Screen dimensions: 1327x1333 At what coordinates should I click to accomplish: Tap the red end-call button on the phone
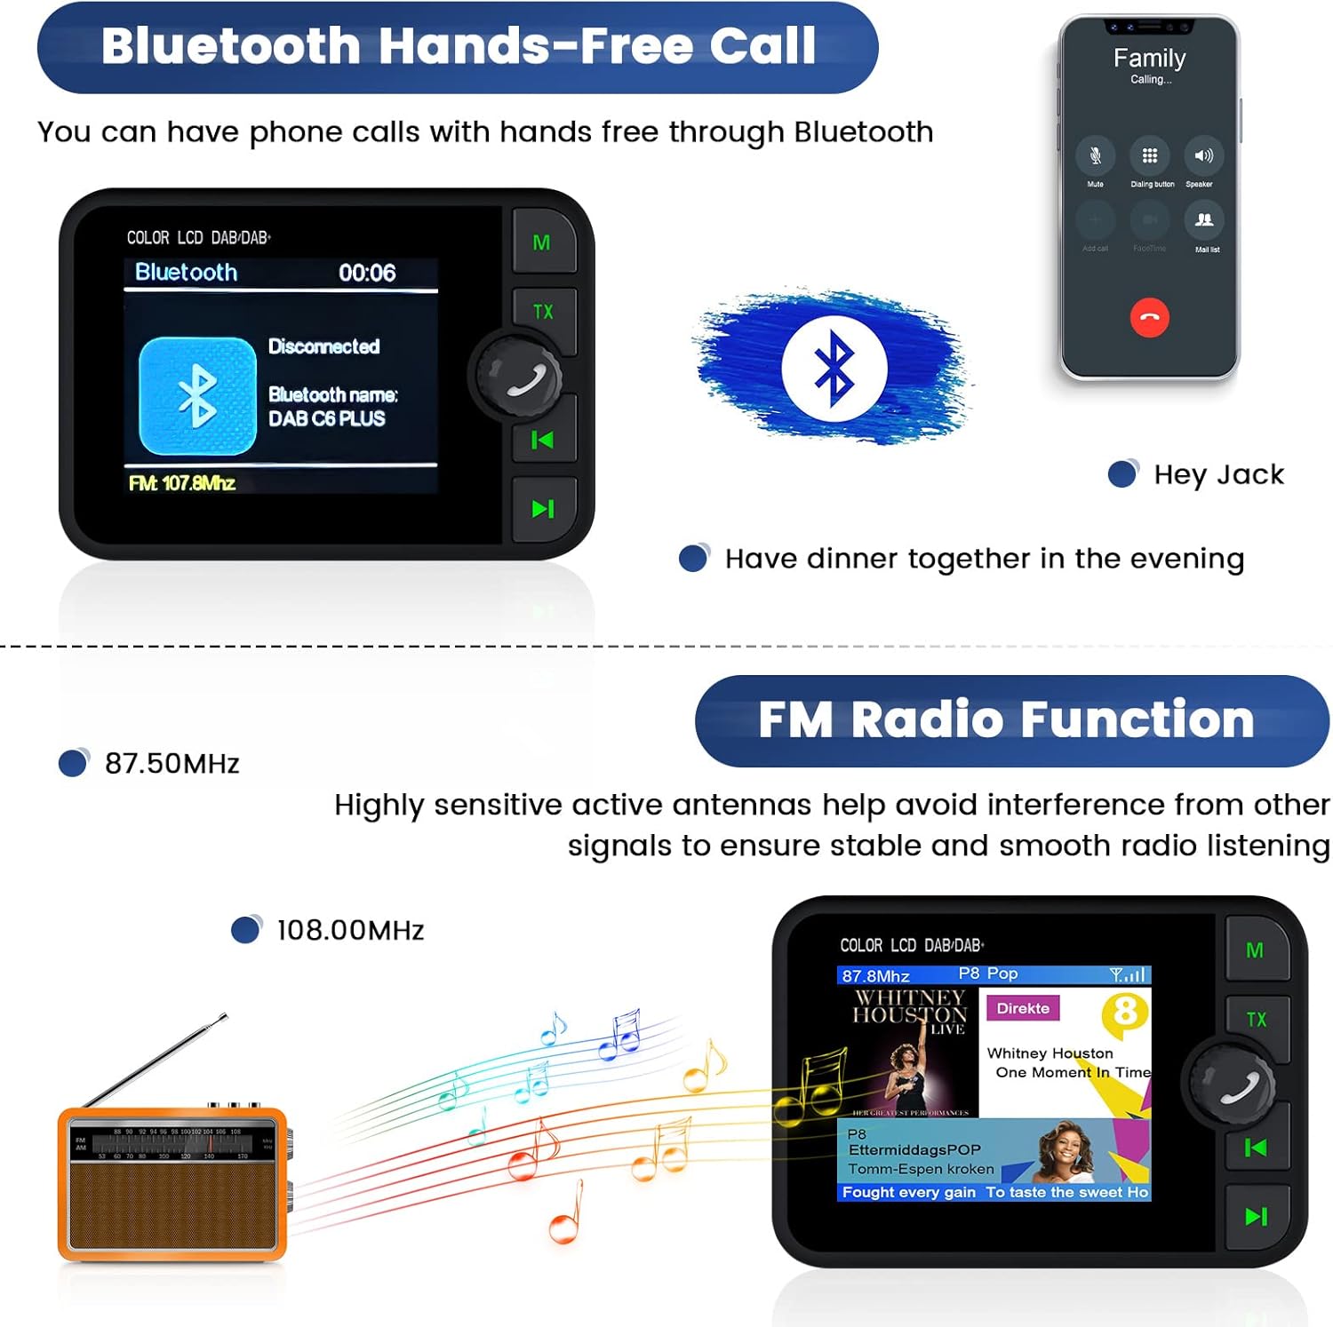point(1149,317)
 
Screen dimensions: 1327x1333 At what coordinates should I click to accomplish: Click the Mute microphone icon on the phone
point(1095,156)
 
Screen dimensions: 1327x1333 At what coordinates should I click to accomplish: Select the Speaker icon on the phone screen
point(1203,156)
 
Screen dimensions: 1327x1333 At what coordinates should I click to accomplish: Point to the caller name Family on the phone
point(1149,59)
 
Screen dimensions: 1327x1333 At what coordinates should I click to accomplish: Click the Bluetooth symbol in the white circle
point(834,368)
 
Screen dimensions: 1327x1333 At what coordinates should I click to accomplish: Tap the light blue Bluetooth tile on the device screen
point(197,395)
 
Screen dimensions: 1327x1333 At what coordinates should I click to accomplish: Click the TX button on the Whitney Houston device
point(1256,1020)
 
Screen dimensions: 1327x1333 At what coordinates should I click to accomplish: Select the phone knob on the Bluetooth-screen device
point(520,378)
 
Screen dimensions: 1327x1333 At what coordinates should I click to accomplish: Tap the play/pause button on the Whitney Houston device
point(1256,1217)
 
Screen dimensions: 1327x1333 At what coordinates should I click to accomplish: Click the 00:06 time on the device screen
point(367,274)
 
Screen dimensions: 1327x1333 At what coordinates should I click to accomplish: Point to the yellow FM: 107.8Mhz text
point(182,483)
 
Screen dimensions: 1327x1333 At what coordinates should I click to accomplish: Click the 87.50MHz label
point(172,764)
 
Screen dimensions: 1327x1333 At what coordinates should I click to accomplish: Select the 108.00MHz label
point(350,931)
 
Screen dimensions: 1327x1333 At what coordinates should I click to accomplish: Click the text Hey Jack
point(1218,475)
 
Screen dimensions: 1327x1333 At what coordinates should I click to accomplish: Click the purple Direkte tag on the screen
point(1023,1009)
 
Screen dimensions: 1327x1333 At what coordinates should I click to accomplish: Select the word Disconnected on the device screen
point(323,346)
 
